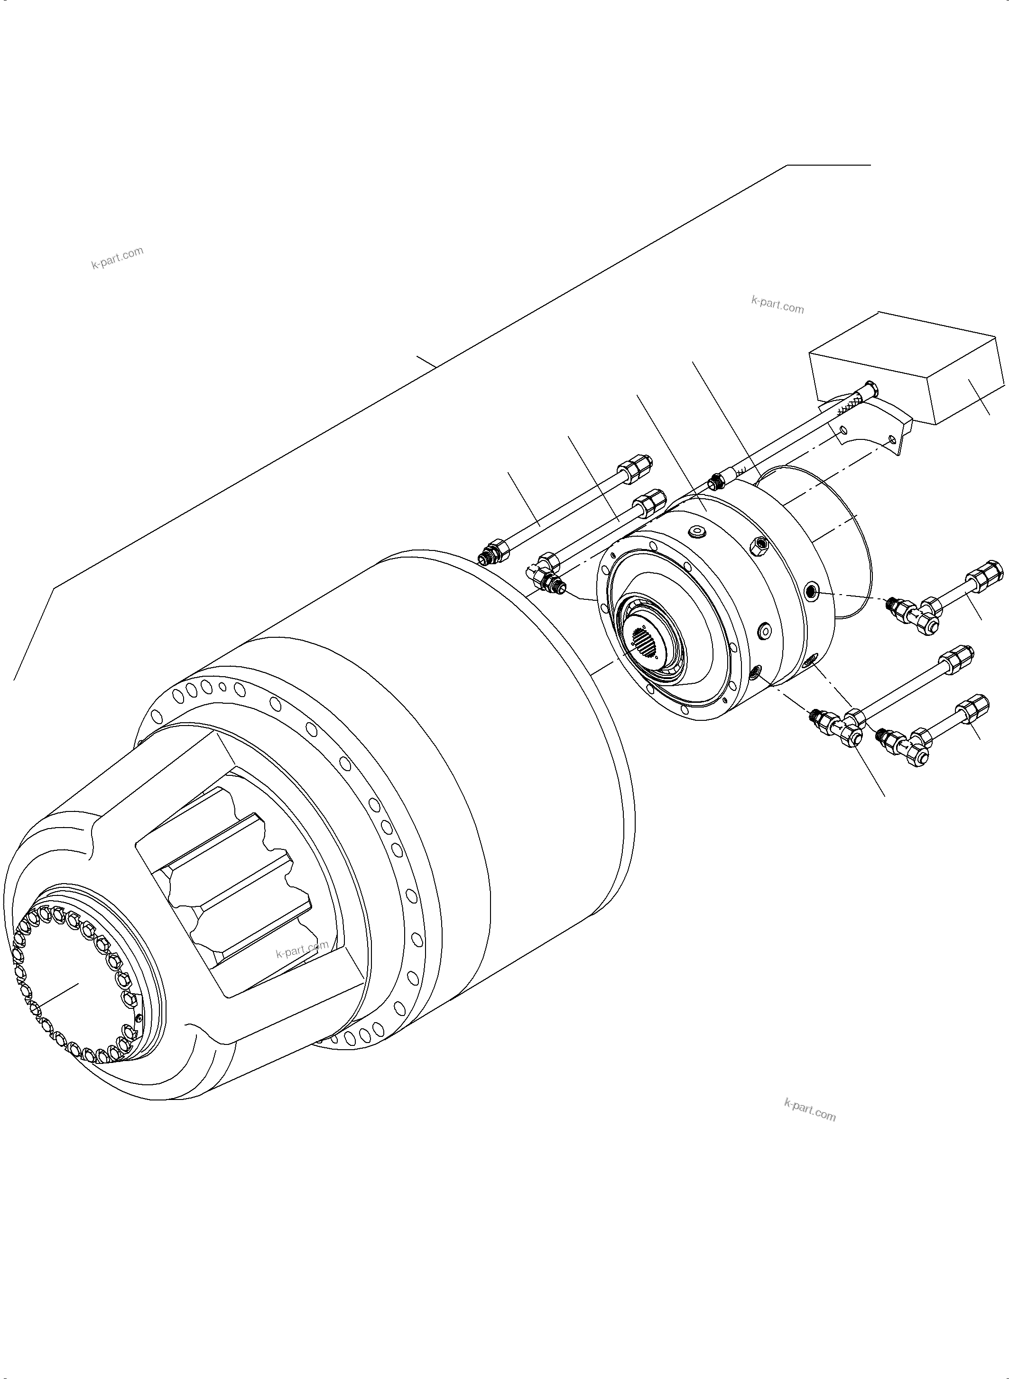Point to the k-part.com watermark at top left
tap(117, 258)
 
